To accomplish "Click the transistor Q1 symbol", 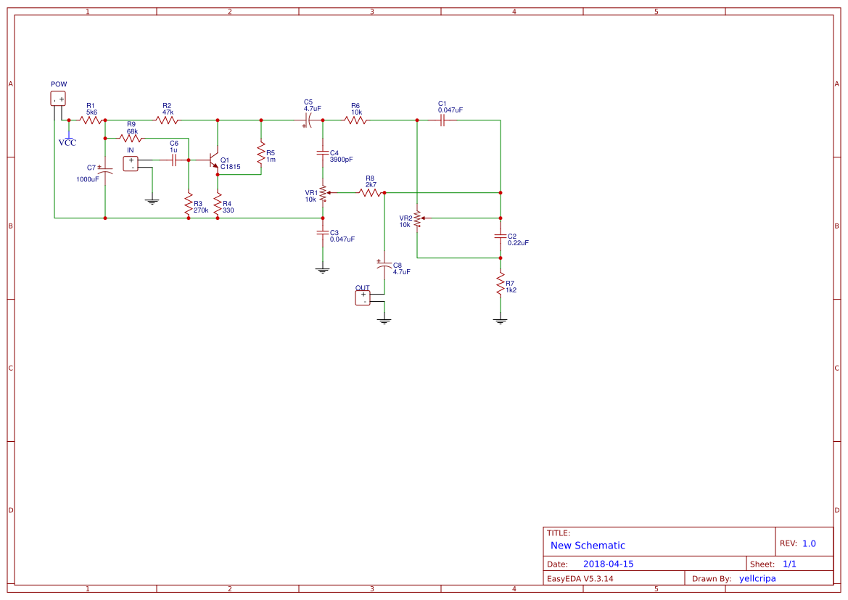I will (x=214, y=160).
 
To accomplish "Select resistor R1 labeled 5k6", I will (x=91, y=120).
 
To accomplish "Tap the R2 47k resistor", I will (x=167, y=120).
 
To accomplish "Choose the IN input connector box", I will (x=131, y=163).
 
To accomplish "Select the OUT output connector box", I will (x=363, y=297).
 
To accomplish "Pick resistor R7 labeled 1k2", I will (x=500, y=284).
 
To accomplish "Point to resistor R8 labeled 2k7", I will (x=370, y=193).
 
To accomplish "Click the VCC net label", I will (x=67, y=142).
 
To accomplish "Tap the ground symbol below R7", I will (x=500, y=319).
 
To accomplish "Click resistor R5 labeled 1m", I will (x=261, y=153).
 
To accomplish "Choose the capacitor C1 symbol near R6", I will (x=442, y=120).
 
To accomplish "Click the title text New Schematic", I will (x=588, y=546).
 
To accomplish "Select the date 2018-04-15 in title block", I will (x=608, y=564).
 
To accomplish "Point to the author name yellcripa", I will (x=757, y=578).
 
